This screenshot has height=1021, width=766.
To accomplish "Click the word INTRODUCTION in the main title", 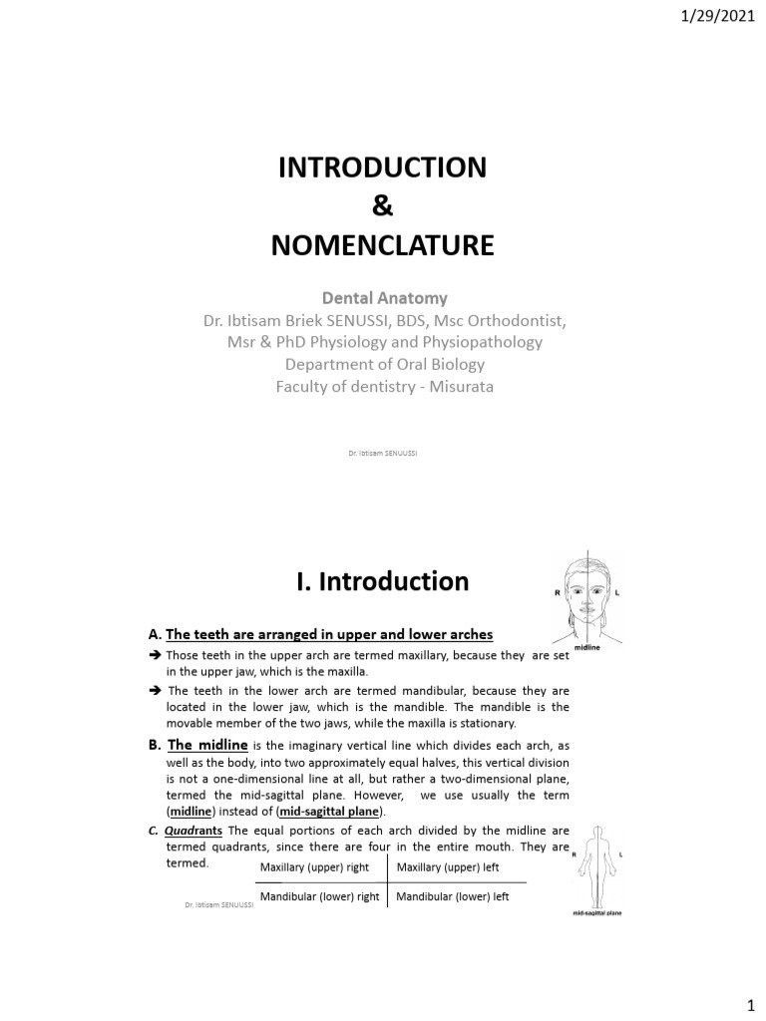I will point(382,168).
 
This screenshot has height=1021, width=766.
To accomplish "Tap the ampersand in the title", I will point(382,206).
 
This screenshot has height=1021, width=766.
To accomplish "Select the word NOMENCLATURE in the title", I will point(382,246).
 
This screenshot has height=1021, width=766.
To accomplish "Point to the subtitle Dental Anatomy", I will point(382,298).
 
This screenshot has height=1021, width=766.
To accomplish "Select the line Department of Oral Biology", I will point(382,364).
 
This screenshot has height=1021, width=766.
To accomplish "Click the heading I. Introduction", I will point(382,581).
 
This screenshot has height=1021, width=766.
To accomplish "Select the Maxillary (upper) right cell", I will point(314,867).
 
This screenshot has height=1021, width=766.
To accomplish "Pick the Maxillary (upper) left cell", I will point(448,867).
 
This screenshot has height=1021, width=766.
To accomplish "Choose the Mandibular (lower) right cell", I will point(319,896).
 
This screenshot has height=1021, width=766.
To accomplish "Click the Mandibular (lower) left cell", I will point(453,896).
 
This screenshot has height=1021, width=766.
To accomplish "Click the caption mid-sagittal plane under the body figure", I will point(596,912).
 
